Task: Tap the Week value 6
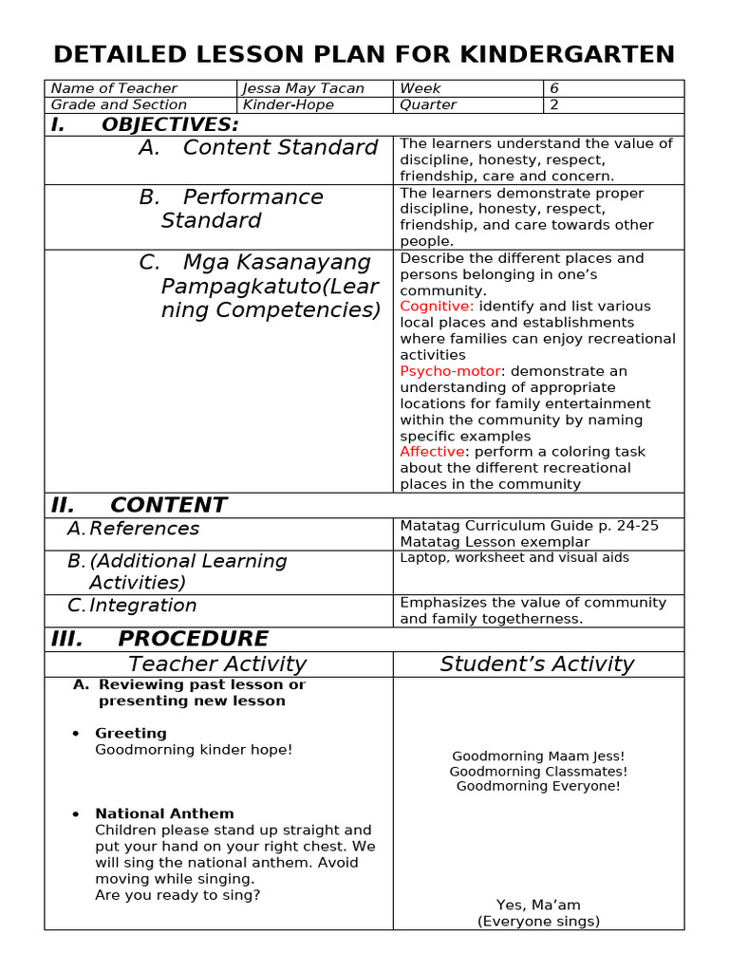point(554,88)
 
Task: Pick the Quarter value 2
point(554,104)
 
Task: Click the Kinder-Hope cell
point(289,104)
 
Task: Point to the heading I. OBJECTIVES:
point(145,125)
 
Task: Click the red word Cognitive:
point(437,307)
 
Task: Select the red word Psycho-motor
point(450,371)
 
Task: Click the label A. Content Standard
point(258,148)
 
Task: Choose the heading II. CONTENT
point(140,505)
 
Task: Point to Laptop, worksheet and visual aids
point(514,558)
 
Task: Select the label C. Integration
point(132,606)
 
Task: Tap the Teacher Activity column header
point(217,664)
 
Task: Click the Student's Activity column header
point(537,664)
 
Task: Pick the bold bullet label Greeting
point(131,734)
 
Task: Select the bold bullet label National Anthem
point(164,813)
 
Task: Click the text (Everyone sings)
point(538,921)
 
